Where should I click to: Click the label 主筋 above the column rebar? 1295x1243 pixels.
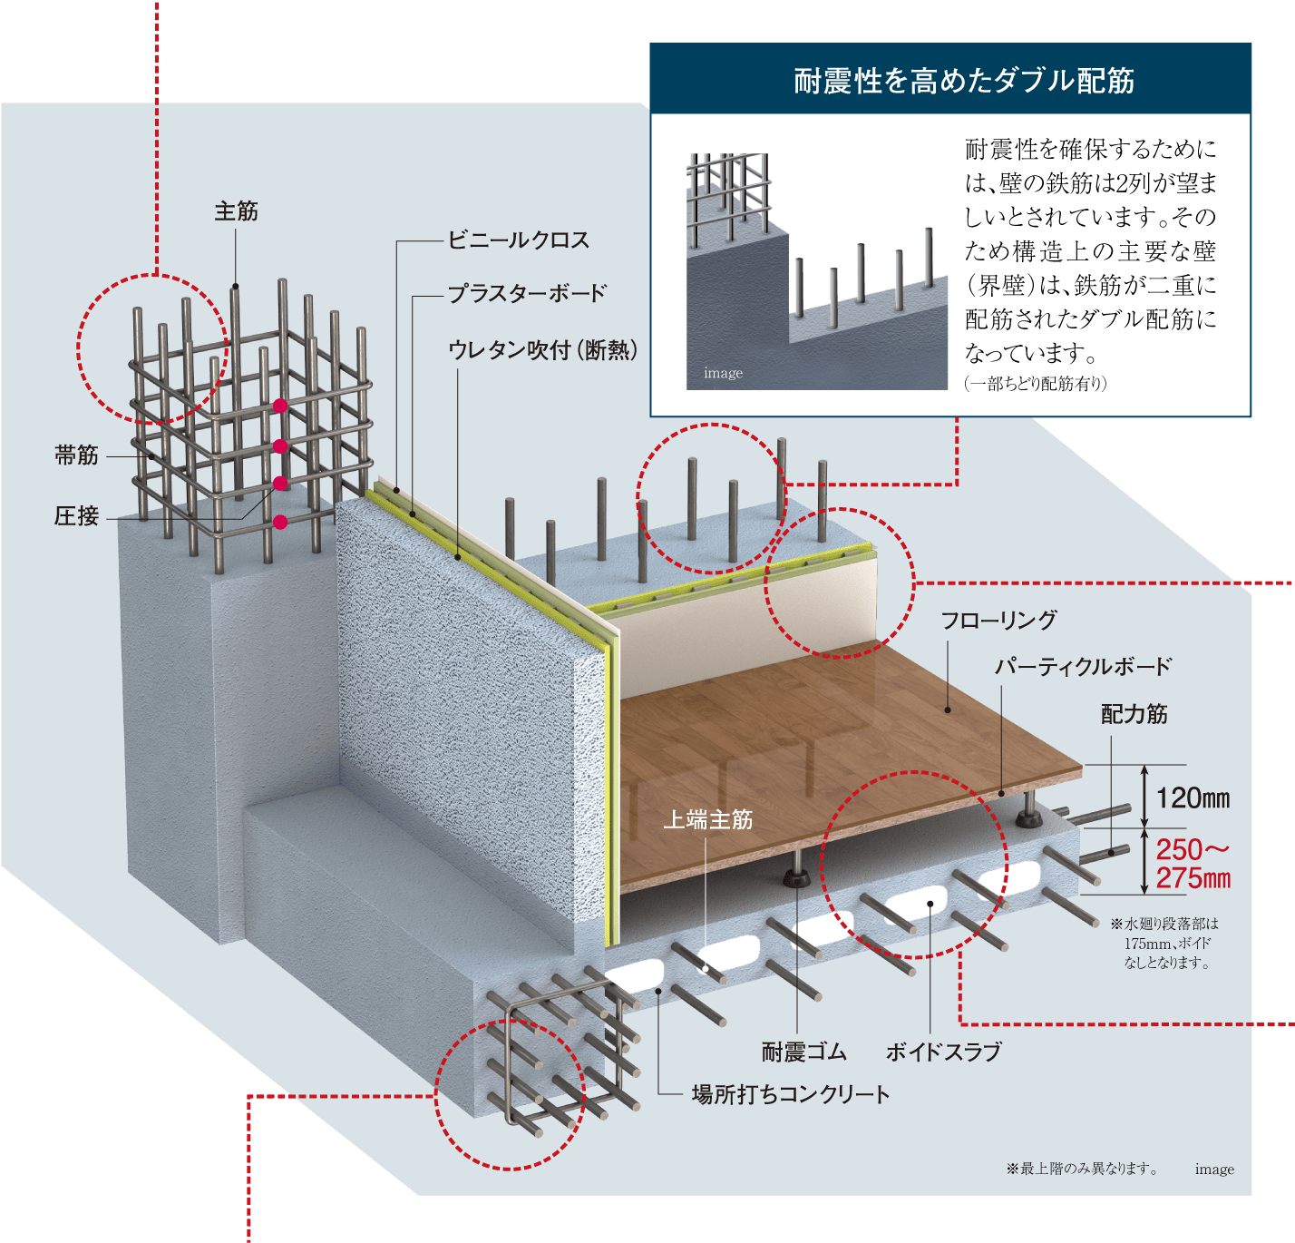[236, 211]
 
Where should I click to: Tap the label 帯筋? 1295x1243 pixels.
[76, 455]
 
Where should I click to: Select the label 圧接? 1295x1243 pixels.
[76, 516]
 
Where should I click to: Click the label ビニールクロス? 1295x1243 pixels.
[519, 240]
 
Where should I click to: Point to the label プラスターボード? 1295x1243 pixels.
[527, 294]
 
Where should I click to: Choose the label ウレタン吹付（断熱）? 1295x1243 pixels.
[543, 349]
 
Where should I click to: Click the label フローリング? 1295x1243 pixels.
[998, 620]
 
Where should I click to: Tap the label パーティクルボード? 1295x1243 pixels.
[1083, 667]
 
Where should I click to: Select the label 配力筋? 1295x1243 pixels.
[1134, 714]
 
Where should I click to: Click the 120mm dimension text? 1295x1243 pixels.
[1193, 798]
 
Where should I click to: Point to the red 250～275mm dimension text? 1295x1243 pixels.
[1193, 864]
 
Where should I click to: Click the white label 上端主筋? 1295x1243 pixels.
[708, 819]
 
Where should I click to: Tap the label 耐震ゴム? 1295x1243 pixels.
[803, 1052]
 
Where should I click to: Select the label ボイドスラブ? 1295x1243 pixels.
[944, 1052]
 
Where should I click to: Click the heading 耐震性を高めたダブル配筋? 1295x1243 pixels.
[964, 81]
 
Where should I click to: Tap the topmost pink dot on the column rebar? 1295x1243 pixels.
[280, 406]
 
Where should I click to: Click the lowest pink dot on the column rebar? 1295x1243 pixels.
[280, 522]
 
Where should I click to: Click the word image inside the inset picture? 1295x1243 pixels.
[723, 373]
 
